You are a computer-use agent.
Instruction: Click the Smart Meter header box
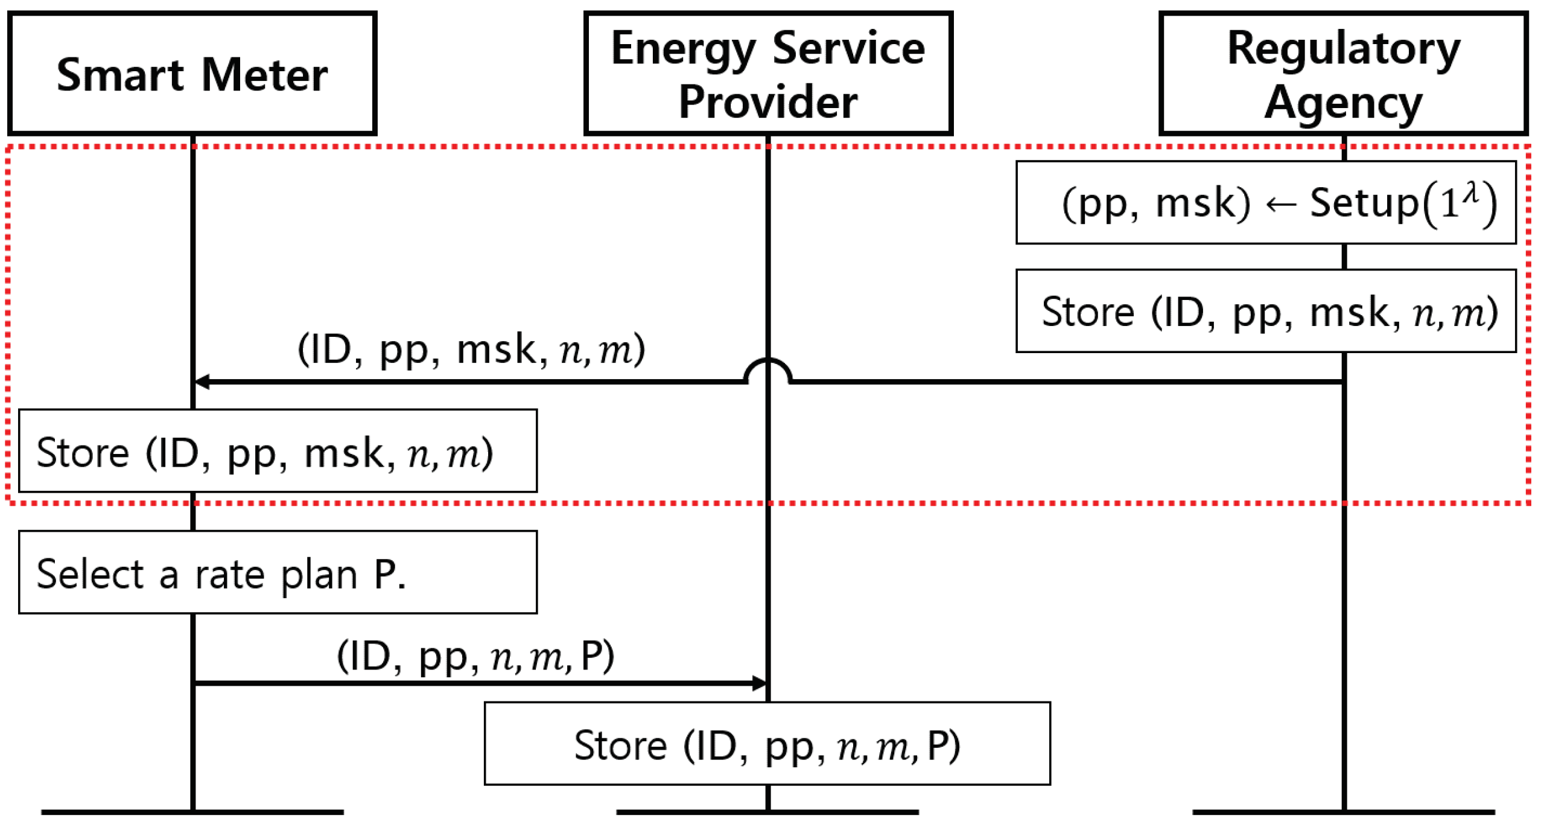click(x=192, y=74)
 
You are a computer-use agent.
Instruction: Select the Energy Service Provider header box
click(x=767, y=74)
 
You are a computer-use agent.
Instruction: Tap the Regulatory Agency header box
click(x=1343, y=74)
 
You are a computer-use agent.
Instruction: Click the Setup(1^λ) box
click(x=1265, y=202)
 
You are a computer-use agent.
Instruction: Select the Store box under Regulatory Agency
click(x=1265, y=311)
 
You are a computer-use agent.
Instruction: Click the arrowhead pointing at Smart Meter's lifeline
click(x=202, y=381)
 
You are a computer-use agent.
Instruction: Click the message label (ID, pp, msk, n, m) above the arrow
click(x=471, y=349)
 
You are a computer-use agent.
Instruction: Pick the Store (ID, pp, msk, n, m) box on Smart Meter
click(x=278, y=451)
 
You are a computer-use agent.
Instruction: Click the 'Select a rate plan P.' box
click(x=278, y=572)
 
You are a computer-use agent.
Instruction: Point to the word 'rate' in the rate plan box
click(x=229, y=575)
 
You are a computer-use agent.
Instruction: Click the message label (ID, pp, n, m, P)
click(x=475, y=656)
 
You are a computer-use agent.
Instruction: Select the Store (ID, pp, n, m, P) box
click(x=767, y=743)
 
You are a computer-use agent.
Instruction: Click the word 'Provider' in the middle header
click(x=767, y=101)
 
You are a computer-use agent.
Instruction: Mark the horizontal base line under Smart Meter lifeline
click(x=192, y=812)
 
